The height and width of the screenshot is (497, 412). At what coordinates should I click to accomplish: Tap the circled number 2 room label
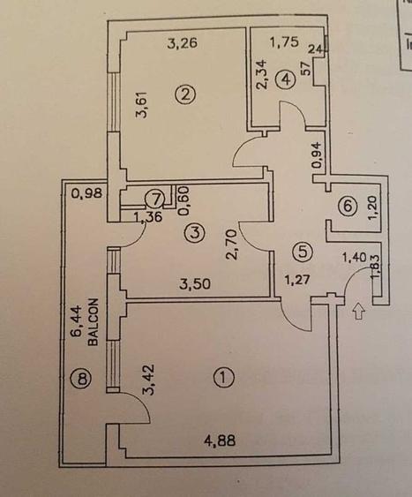tap(184, 94)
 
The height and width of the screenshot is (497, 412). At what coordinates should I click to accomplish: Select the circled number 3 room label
tap(194, 233)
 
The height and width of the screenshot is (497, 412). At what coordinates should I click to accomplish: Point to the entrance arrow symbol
tap(358, 311)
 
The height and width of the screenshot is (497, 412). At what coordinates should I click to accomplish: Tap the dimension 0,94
tap(318, 155)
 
